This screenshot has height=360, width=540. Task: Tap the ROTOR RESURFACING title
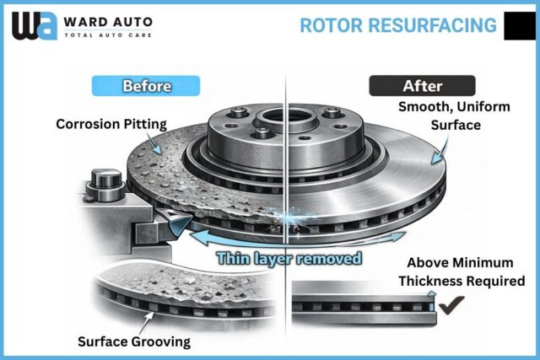coord(398,24)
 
